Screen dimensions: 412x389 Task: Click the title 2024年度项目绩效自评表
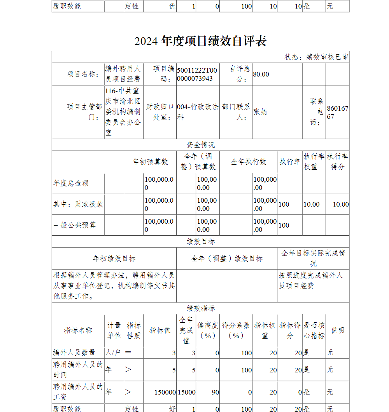coord(200,41)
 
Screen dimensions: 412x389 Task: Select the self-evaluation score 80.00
coord(261,74)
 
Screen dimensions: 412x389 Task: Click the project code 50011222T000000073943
coord(197,74)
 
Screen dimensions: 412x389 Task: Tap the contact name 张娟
coord(260,112)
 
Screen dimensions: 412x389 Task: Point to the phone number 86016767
coord(337,112)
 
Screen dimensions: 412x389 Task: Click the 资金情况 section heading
coord(200,145)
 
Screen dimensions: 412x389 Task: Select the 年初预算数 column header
coord(150,162)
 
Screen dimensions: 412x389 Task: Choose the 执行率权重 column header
coord(314,162)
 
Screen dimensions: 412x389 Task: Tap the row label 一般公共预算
coord(75,225)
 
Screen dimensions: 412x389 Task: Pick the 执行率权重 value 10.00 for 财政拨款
coord(312,204)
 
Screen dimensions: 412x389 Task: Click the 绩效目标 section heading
coord(200,242)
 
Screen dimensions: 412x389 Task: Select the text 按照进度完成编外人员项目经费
coord(310,280)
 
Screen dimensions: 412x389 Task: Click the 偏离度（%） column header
coord(208,330)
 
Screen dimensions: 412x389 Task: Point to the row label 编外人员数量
coord(74,353)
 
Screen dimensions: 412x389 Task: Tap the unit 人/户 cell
coord(114,353)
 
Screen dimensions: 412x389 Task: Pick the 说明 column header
coord(337,330)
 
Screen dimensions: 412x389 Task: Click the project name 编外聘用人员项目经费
coord(123,74)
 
